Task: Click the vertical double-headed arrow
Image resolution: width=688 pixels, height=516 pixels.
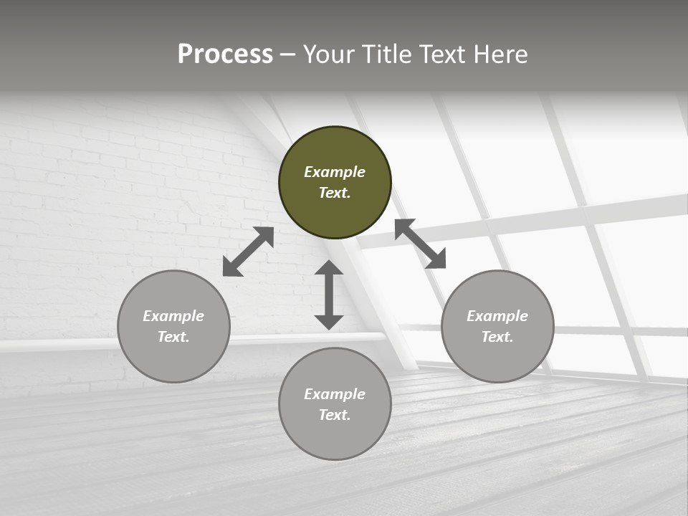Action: (329, 295)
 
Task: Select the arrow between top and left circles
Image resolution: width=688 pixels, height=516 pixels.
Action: (248, 252)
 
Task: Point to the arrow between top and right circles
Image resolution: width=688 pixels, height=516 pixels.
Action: (420, 244)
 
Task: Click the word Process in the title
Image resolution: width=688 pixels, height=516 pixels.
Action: (225, 54)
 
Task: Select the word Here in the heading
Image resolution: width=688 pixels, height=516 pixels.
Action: (499, 54)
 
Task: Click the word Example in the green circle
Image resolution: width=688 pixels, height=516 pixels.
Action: (335, 172)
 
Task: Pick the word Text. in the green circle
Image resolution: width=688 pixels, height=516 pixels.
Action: (335, 193)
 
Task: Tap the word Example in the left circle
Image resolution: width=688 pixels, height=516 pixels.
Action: (173, 316)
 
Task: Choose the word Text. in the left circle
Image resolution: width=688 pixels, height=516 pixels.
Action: (173, 337)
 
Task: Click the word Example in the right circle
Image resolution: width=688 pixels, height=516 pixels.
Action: (497, 316)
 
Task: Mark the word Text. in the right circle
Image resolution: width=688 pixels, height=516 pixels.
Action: (497, 337)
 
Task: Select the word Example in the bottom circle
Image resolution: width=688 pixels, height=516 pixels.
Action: (335, 394)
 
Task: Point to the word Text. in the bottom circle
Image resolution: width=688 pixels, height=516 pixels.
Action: (335, 415)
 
